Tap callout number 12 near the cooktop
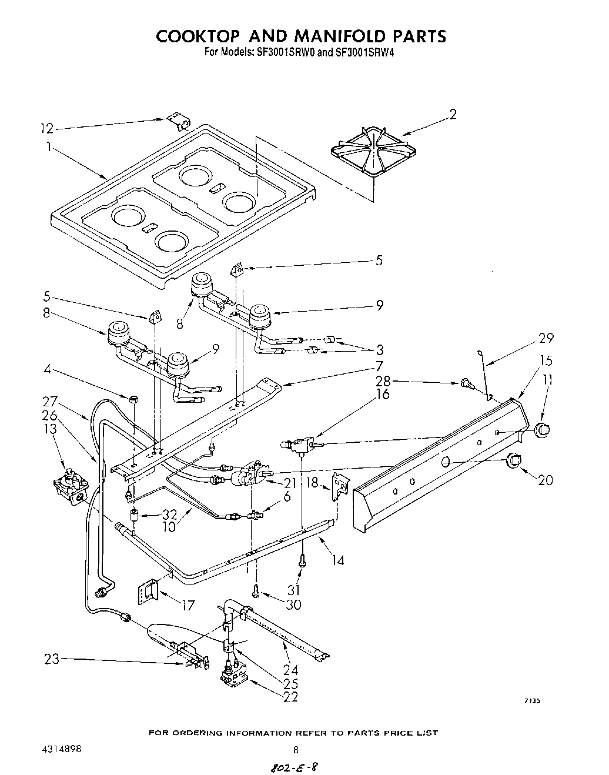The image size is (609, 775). click(47, 129)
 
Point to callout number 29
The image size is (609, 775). click(546, 338)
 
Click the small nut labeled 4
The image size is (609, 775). click(133, 399)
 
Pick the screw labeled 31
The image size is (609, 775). click(302, 562)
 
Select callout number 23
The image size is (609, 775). click(52, 659)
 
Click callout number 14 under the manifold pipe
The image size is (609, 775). click(337, 560)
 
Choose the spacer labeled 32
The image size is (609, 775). click(135, 516)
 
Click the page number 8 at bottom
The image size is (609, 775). click(296, 750)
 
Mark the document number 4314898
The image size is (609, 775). click(61, 749)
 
